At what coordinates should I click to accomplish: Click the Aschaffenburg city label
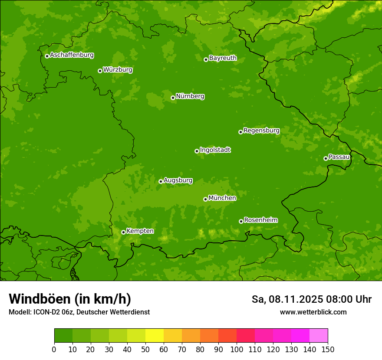[72, 55]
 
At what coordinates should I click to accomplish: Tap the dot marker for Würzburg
[100, 71]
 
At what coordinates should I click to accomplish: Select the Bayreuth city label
[223, 58]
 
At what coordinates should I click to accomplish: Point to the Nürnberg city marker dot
[173, 98]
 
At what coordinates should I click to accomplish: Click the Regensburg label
[261, 131]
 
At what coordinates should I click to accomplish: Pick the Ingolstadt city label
[215, 150]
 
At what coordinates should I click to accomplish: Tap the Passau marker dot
[326, 158]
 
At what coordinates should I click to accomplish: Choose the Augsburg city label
[178, 180]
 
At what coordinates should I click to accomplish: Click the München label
[222, 198]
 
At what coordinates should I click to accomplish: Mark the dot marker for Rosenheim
[241, 221]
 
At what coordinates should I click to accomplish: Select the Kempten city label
[140, 231]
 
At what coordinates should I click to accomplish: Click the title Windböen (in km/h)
[70, 299]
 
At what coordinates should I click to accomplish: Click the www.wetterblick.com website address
[313, 312]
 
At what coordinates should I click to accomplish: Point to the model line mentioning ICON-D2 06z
[79, 312]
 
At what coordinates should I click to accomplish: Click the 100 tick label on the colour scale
[237, 349]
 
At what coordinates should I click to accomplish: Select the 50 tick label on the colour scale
[145, 349]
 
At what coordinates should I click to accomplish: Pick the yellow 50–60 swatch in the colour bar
[155, 336]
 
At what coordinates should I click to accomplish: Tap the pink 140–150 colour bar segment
[319, 336]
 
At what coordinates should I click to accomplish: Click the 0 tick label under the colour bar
[54, 349]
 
